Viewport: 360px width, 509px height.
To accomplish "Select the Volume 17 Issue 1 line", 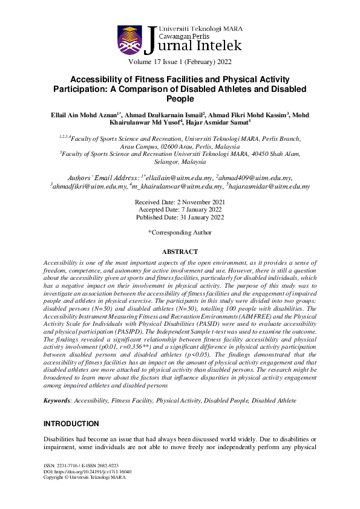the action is [180, 62].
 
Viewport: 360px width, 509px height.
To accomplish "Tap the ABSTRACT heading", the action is [180, 251].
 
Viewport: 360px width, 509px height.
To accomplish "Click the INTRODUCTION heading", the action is [71, 424].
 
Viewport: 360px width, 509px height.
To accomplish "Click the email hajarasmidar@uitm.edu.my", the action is [270, 187].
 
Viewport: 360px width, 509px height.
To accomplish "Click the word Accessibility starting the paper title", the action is [97, 80].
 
